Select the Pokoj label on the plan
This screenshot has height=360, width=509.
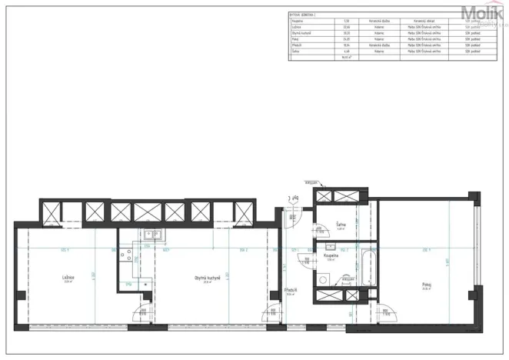[426, 284]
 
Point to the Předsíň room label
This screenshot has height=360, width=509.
[290, 290]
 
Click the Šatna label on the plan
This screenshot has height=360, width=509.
[340, 225]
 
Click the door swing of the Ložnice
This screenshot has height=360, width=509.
[141, 312]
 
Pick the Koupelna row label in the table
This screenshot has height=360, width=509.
[296, 20]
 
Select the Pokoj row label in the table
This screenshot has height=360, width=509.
[294, 38]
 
